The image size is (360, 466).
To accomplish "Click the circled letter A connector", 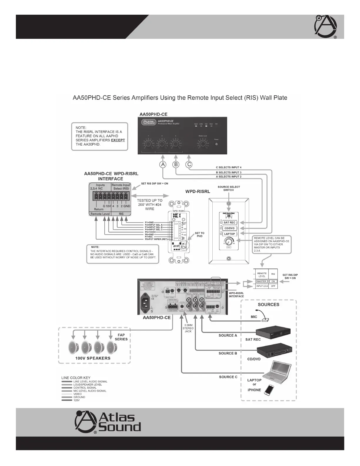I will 163,164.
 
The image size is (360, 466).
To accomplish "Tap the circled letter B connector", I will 176,164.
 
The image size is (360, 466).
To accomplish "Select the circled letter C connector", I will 189,164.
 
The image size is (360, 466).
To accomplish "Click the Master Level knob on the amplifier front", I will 202,144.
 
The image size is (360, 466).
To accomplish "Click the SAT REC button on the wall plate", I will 229,222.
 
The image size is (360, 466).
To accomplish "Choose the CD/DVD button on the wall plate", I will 229,228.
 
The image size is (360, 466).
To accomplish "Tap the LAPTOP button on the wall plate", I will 229,234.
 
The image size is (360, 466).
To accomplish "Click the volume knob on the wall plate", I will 228,242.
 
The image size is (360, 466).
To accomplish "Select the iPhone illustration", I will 269,390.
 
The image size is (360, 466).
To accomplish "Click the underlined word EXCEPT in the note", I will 118,140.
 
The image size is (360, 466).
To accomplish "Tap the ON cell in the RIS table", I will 273,282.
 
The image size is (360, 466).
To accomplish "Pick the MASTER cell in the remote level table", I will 261,282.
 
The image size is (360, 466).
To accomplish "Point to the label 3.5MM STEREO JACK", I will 188,328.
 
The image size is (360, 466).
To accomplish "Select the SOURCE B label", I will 228,353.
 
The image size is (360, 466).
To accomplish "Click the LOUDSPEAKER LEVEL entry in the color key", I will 87,385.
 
